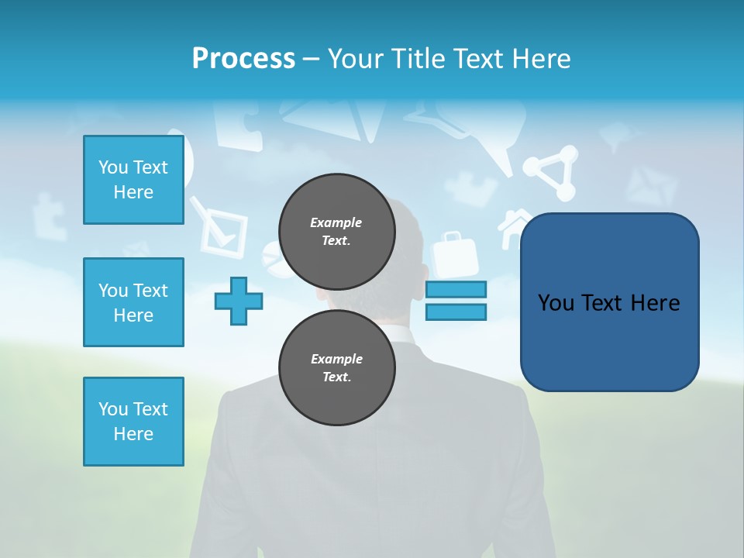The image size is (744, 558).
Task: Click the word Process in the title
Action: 243,59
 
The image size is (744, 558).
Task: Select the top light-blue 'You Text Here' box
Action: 133,180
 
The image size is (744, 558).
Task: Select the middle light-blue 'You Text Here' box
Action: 133,302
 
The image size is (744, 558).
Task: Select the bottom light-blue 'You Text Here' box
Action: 133,422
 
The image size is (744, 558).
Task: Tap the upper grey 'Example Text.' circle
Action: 336,232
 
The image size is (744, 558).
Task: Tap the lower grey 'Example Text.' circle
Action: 336,368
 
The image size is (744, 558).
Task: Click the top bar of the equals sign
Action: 456,289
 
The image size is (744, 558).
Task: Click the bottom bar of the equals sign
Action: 456,312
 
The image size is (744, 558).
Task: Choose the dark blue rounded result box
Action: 609,302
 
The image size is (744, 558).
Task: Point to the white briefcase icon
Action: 453,256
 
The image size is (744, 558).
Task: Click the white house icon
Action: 514,227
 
